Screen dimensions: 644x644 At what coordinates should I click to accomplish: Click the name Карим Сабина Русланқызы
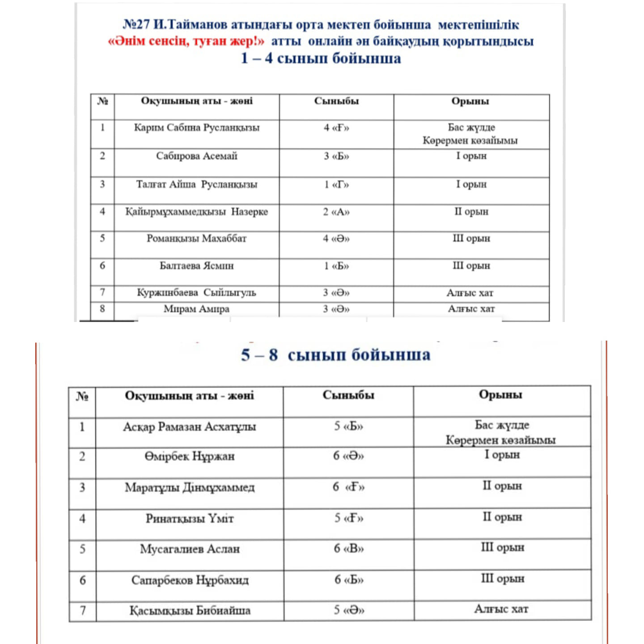pos(197,128)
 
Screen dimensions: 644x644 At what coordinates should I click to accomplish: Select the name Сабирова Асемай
pos(197,156)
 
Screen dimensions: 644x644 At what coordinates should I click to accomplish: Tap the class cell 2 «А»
pos(336,212)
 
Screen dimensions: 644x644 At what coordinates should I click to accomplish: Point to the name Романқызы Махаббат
pos(197,238)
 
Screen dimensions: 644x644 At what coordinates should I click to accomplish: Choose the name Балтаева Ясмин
pos(197,266)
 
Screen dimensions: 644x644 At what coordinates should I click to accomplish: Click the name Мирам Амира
pos(196,309)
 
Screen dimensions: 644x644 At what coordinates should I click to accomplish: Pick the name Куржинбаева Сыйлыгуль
pos(196,293)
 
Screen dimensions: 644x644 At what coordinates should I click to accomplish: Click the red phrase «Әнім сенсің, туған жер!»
pos(186,42)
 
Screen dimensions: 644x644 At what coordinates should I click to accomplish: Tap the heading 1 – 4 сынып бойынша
pos(321,59)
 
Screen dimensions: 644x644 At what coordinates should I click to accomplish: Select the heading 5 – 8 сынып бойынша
pos(335,355)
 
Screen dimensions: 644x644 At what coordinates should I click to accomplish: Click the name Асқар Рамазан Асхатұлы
pos(190,427)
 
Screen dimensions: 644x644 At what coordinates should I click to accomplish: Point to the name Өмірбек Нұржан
pos(190,457)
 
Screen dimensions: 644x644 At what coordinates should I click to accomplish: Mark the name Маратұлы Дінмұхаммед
pos(190,487)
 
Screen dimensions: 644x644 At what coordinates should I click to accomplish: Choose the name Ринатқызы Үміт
pos(190,519)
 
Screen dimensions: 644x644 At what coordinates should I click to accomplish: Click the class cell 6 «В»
pos(349,549)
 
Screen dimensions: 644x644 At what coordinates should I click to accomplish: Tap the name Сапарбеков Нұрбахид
pos(190,580)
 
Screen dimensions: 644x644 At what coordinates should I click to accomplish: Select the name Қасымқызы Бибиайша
pos(190,611)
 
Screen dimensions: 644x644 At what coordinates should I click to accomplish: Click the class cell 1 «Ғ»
pos(336,185)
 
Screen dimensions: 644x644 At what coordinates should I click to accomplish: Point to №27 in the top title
pos(136,25)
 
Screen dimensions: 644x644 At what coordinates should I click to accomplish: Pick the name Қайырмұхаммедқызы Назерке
pos(197,212)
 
